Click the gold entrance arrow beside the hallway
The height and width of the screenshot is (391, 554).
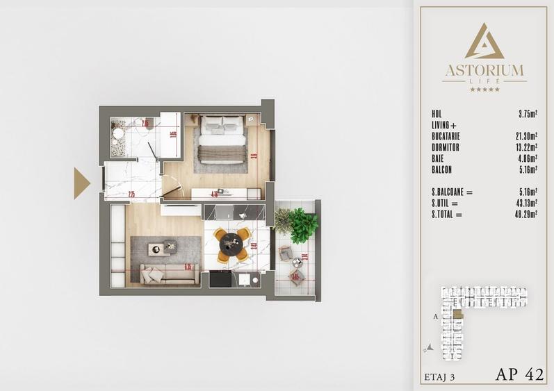click(x=82, y=183)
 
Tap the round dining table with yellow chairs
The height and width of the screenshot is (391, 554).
click(x=231, y=244)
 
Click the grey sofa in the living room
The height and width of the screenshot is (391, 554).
click(x=169, y=274)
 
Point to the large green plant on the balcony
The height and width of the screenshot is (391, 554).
click(x=304, y=225)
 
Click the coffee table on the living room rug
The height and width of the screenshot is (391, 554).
click(x=161, y=247)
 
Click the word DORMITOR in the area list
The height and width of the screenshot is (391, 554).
click(x=445, y=148)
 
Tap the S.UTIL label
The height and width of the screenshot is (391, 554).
click(x=445, y=203)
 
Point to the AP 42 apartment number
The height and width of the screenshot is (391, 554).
click(x=521, y=375)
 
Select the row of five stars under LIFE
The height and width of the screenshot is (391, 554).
click(x=484, y=90)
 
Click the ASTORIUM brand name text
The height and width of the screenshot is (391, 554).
click(x=484, y=70)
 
